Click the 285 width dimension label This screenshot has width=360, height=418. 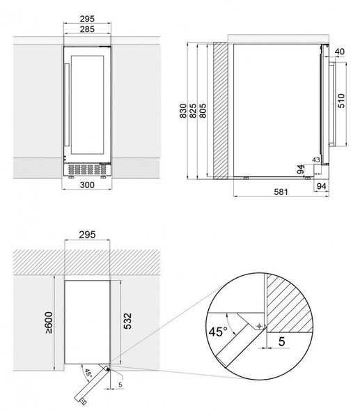pos(87,29)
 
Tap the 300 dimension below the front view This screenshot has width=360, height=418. pos(87,185)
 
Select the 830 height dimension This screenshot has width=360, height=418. pos(183,111)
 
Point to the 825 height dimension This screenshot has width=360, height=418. pos(193,111)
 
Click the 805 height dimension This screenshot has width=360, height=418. pos(203,111)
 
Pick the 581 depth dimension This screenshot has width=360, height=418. pos(281,192)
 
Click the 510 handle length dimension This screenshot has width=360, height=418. pos(341,101)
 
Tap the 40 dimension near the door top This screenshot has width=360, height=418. pos(339,52)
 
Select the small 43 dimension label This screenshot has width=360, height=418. pos(315,160)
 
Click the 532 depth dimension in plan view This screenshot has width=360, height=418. pos(127,321)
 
